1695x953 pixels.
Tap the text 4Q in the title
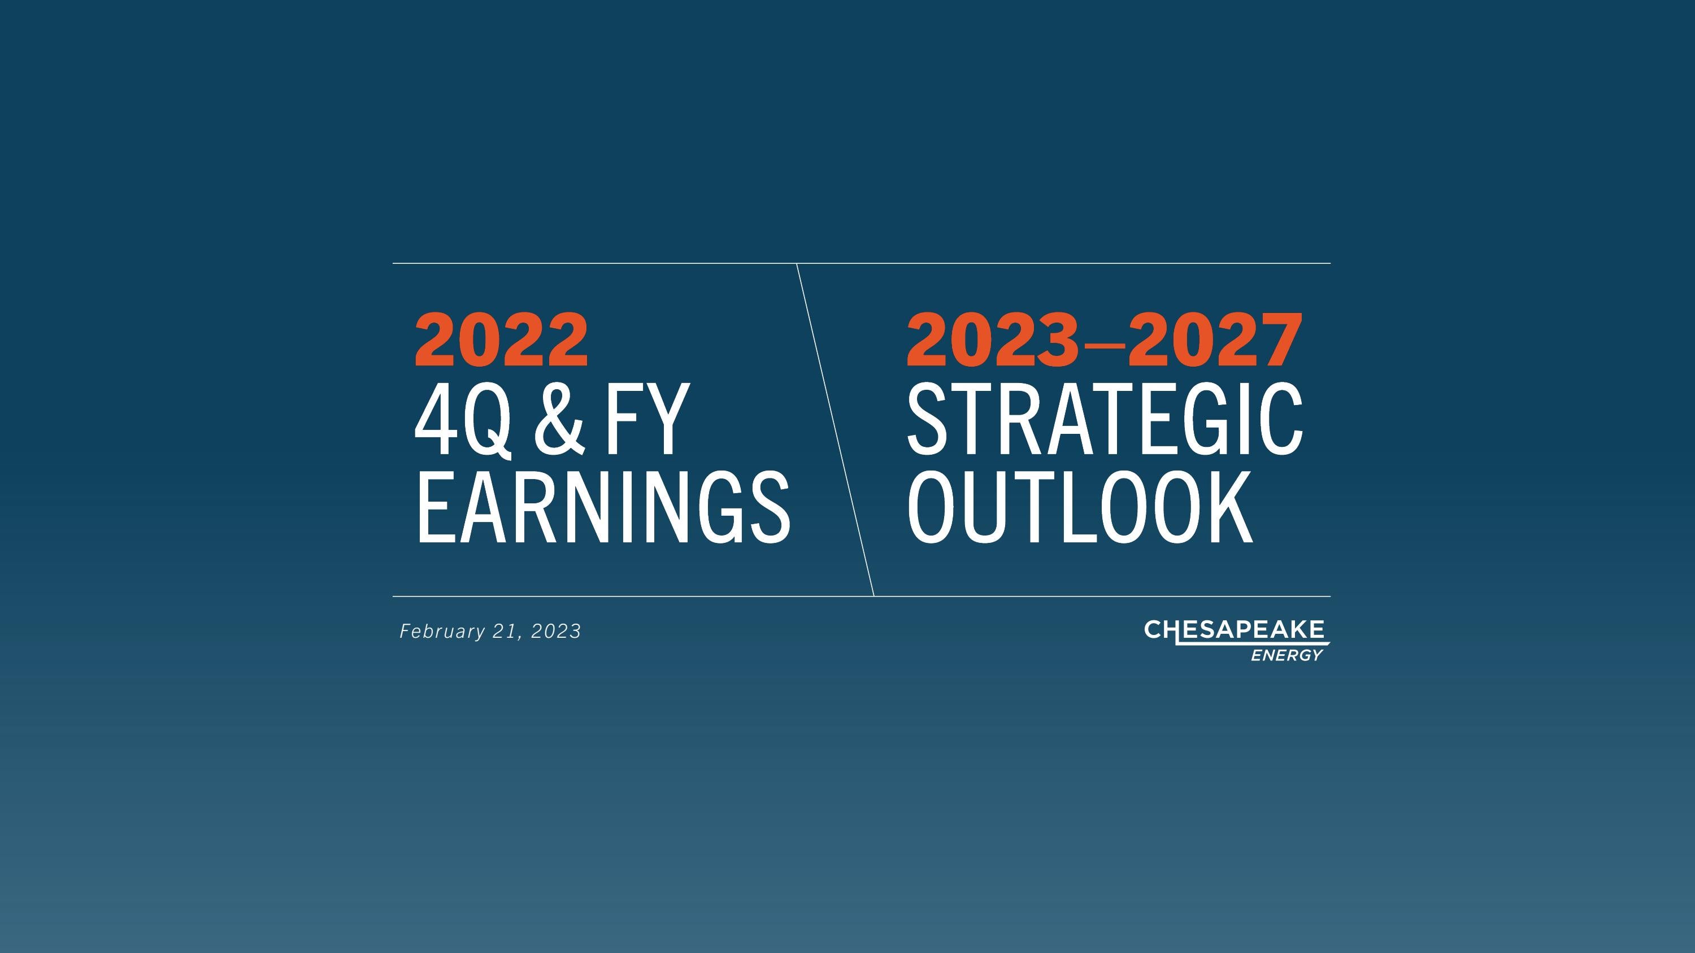point(463,421)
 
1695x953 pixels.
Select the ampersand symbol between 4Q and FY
point(559,421)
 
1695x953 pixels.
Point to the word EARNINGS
point(602,508)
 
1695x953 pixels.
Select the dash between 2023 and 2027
point(1104,344)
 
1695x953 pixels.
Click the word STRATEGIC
point(1104,421)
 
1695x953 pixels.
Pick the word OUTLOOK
point(1079,508)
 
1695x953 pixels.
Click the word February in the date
point(442,632)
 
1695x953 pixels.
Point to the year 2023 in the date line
point(556,632)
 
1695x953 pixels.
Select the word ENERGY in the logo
point(1287,656)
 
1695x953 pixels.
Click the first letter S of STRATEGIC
point(928,421)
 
